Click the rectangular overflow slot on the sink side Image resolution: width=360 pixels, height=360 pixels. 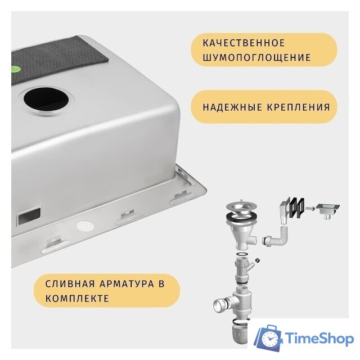coord(29,215)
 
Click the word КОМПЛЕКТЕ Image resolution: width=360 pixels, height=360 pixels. coord(78,298)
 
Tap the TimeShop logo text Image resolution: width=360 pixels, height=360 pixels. coord(319,338)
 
